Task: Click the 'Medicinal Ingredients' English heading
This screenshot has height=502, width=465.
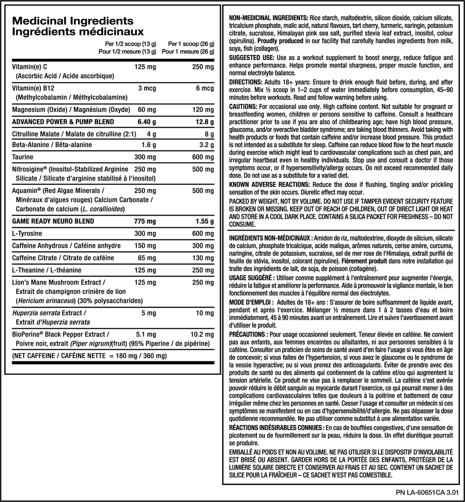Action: pyautogui.click(x=72, y=21)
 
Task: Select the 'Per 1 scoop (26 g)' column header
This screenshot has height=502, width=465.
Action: pyautogui.click(x=191, y=44)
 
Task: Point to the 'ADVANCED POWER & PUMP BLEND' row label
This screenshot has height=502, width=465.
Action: pyautogui.click(x=63, y=122)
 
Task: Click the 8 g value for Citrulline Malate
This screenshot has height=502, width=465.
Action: pyautogui.click(x=209, y=134)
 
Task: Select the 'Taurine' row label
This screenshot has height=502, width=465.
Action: pyautogui.click(x=23, y=157)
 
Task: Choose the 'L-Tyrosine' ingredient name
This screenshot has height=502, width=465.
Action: pyautogui.click(x=27, y=234)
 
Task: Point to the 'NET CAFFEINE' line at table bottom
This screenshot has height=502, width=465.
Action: pyautogui.click(x=88, y=356)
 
